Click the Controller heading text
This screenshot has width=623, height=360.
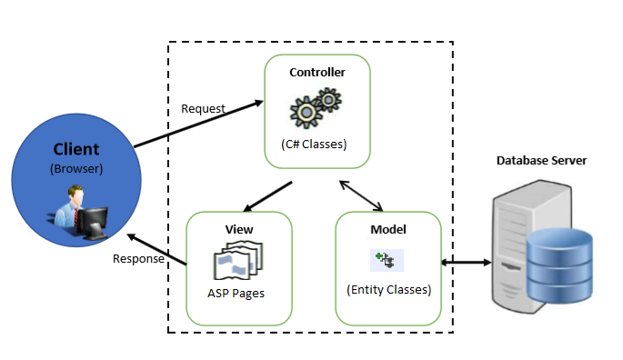(317, 73)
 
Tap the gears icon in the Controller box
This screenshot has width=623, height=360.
(316, 107)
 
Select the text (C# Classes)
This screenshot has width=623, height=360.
(314, 144)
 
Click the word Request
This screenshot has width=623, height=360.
(203, 108)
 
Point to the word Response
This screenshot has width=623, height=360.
(138, 259)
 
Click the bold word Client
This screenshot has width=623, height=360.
(76, 149)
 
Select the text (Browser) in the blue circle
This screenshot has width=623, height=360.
(76, 168)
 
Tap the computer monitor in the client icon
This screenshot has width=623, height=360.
(93, 223)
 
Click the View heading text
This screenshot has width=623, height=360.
(239, 229)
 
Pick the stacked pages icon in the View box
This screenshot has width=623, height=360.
(238, 260)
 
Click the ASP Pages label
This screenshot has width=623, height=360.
(236, 294)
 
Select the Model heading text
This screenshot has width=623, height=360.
(388, 229)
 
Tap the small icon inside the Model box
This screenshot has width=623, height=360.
(387, 260)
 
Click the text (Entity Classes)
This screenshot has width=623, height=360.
(388, 290)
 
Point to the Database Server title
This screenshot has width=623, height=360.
(541, 161)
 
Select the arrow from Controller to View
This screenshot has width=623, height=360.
(267, 196)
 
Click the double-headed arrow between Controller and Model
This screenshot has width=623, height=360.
(361, 195)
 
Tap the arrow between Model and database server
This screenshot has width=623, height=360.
(466, 262)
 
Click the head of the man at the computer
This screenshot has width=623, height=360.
(75, 195)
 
